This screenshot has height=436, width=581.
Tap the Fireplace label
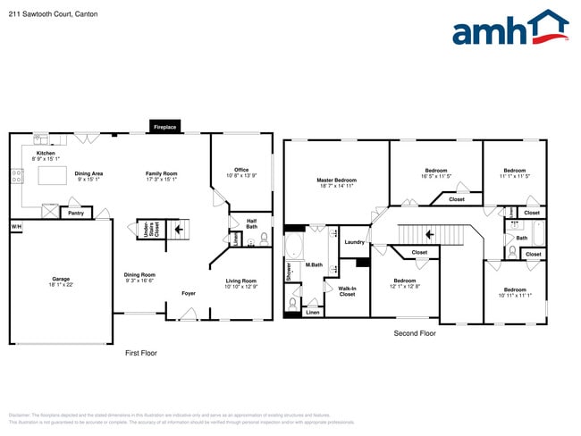[x=164, y=128]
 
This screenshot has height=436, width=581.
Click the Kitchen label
[x=46, y=154]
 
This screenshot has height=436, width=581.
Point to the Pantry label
[x=76, y=214]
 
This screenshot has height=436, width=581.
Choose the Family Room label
[x=162, y=173]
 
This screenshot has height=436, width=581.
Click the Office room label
[x=241, y=170]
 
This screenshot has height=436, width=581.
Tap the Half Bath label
[x=252, y=224]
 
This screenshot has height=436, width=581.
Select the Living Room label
[x=241, y=281]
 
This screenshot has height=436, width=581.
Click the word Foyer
[x=189, y=293]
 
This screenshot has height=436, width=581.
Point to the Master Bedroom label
[x=336, y=180]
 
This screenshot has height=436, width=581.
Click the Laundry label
[x=354, y=242]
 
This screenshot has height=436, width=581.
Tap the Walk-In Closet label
[x=347, y=291]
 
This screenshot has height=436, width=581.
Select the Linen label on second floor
[x=312, y=313]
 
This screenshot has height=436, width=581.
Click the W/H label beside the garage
[x=15, y=227]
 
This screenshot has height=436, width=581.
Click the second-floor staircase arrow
[x=430, y=234]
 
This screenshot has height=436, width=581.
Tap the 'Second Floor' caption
[x=415, y=333]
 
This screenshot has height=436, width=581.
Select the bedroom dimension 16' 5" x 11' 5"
[x=436, y=176]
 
